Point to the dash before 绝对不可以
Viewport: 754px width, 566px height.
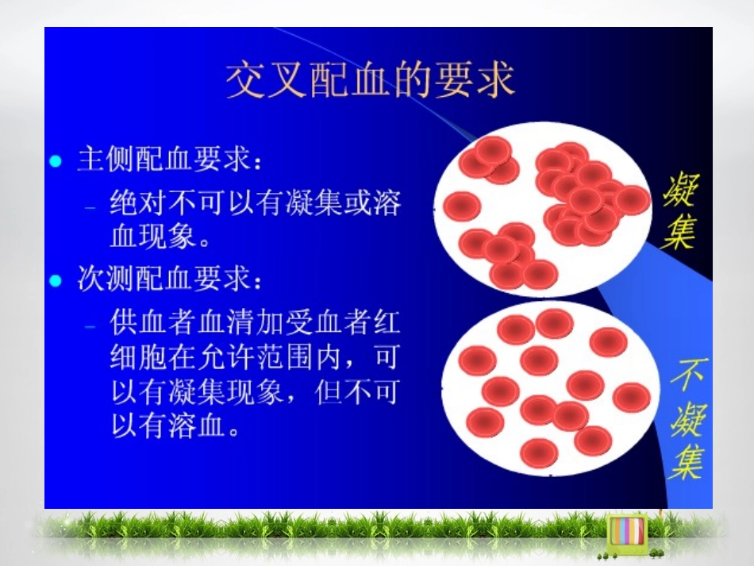tap(91, 205)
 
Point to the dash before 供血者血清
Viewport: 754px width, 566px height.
tap(91, 325)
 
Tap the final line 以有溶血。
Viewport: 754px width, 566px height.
tap(174, 428)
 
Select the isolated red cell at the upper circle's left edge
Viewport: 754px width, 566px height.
tap(462, 206)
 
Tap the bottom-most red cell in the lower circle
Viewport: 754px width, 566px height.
tap(539, 452)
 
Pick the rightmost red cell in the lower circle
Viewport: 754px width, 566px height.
tap(632, 397)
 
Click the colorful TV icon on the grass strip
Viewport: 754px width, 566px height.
tap(625, 529)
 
